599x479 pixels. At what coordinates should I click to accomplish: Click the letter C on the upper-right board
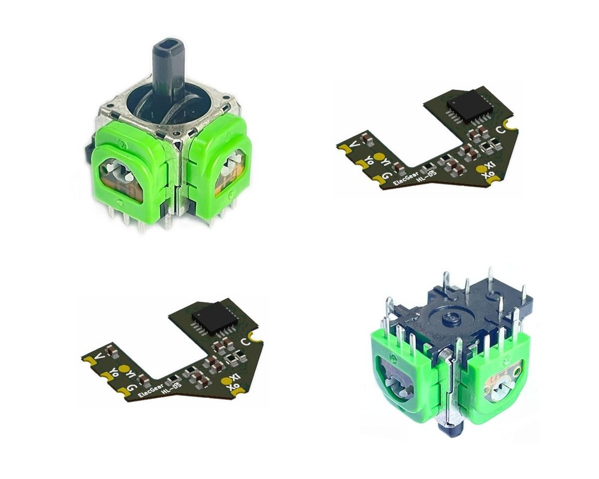click(500, 129)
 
